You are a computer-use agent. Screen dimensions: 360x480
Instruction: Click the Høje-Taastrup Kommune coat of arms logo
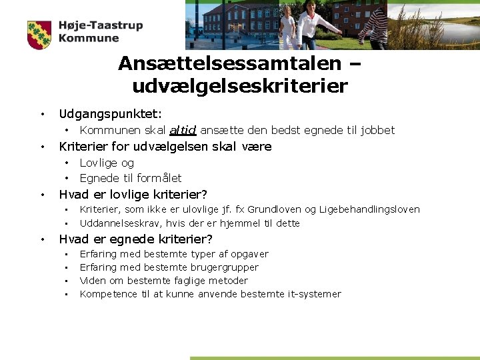(39, 35)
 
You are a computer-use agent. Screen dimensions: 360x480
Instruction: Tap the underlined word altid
(183, 130)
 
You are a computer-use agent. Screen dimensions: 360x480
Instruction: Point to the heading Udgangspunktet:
(110, 115)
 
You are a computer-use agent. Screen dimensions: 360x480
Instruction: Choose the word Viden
(93, 281)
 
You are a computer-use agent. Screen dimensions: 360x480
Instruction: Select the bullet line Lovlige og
(107, 163)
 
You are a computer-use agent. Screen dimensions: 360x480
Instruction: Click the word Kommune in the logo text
(89, 39)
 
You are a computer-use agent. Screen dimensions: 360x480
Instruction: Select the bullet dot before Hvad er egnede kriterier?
(41, 239)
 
